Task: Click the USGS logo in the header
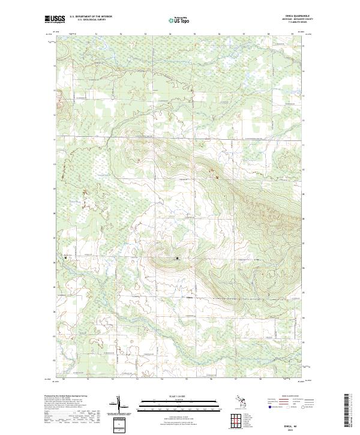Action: coord(55,20)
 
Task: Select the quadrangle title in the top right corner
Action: coord(295,17)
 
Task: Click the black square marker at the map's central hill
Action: coord(177,258)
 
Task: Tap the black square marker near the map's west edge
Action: coord(65,258)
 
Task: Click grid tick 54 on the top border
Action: coord(170,34)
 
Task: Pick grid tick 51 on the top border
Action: coord(97,34)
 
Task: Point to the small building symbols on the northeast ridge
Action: coord(211,174)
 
